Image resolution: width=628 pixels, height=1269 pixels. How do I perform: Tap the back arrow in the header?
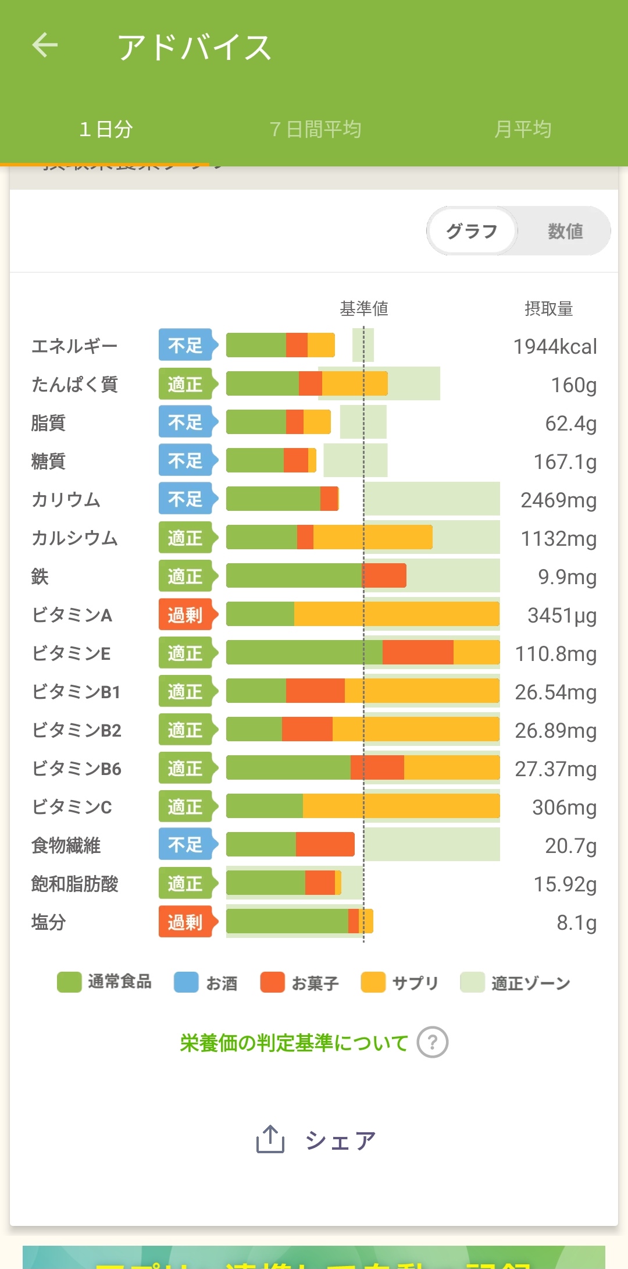tap(45, 45)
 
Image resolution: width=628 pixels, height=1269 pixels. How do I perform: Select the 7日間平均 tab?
tap(315, 129)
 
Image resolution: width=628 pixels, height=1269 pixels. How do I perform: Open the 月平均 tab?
tap(522, 129)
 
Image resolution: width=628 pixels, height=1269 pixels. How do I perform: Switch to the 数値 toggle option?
tap(565, 231)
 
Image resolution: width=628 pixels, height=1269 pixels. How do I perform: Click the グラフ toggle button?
tap(472, 231)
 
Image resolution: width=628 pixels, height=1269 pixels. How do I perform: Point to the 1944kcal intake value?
tap(555, 347)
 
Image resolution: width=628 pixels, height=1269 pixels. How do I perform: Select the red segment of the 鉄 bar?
tap(384, 576)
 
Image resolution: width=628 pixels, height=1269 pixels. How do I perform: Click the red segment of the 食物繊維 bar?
tap(325, 845)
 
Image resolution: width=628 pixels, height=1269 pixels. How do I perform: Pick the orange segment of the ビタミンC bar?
tap(401, 806)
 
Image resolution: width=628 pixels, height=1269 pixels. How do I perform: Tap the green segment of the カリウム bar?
tap(273, 499)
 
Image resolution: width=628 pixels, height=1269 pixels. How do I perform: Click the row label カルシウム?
tap(74, 538)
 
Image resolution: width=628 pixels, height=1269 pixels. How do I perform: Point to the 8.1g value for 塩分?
tap(576, 923)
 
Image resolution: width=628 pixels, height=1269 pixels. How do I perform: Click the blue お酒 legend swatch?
tap(186, 982)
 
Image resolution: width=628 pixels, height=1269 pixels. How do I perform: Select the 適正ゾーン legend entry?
tap(515, 983)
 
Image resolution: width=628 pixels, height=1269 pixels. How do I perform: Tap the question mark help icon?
tap(432, 1042)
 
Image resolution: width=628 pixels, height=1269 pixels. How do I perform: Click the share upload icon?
tap(270, 1139)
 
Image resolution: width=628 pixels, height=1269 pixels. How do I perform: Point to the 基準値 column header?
tap(364, 308)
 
